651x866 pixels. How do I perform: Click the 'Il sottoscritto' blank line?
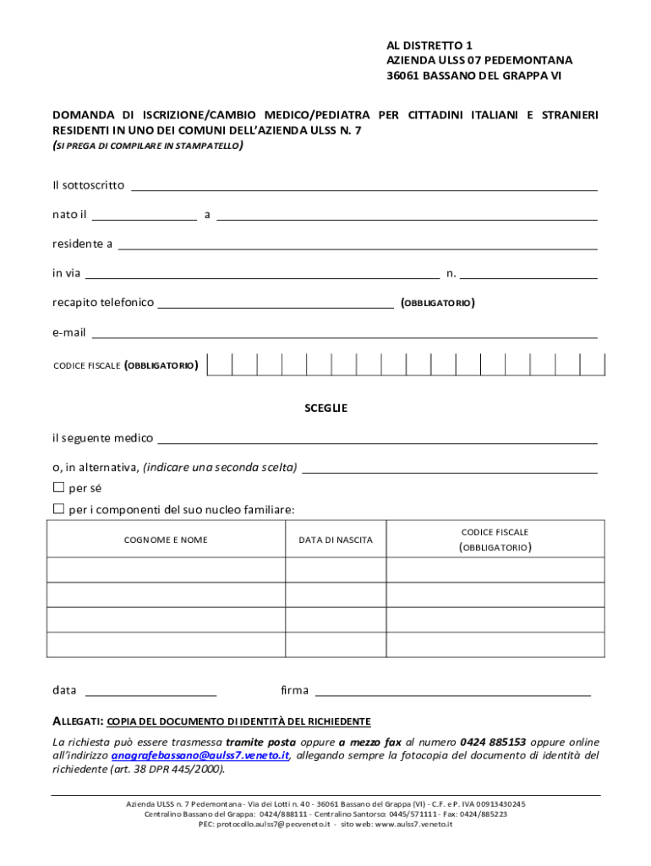click(364, 185)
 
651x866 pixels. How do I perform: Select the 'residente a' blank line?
click(357, 244)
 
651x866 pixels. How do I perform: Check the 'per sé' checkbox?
click(58, 487)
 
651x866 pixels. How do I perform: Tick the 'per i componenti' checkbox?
click(58, 509)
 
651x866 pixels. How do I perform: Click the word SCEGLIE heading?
click(325, 408)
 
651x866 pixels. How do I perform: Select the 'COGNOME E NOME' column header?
click(166, 540)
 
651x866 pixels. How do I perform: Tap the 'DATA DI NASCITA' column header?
click(336, 540)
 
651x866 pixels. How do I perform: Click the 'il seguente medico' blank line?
click(377, 438)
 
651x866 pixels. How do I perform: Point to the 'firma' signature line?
click(452, 691)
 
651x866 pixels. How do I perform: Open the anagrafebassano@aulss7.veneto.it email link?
click(200, 755)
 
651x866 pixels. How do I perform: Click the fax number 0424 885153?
click(493, 742)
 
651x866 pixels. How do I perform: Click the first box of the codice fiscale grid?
click(220, 364)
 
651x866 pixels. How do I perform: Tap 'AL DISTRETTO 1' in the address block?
click(424, 45)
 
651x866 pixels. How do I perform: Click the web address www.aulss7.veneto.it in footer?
click(413, 824)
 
